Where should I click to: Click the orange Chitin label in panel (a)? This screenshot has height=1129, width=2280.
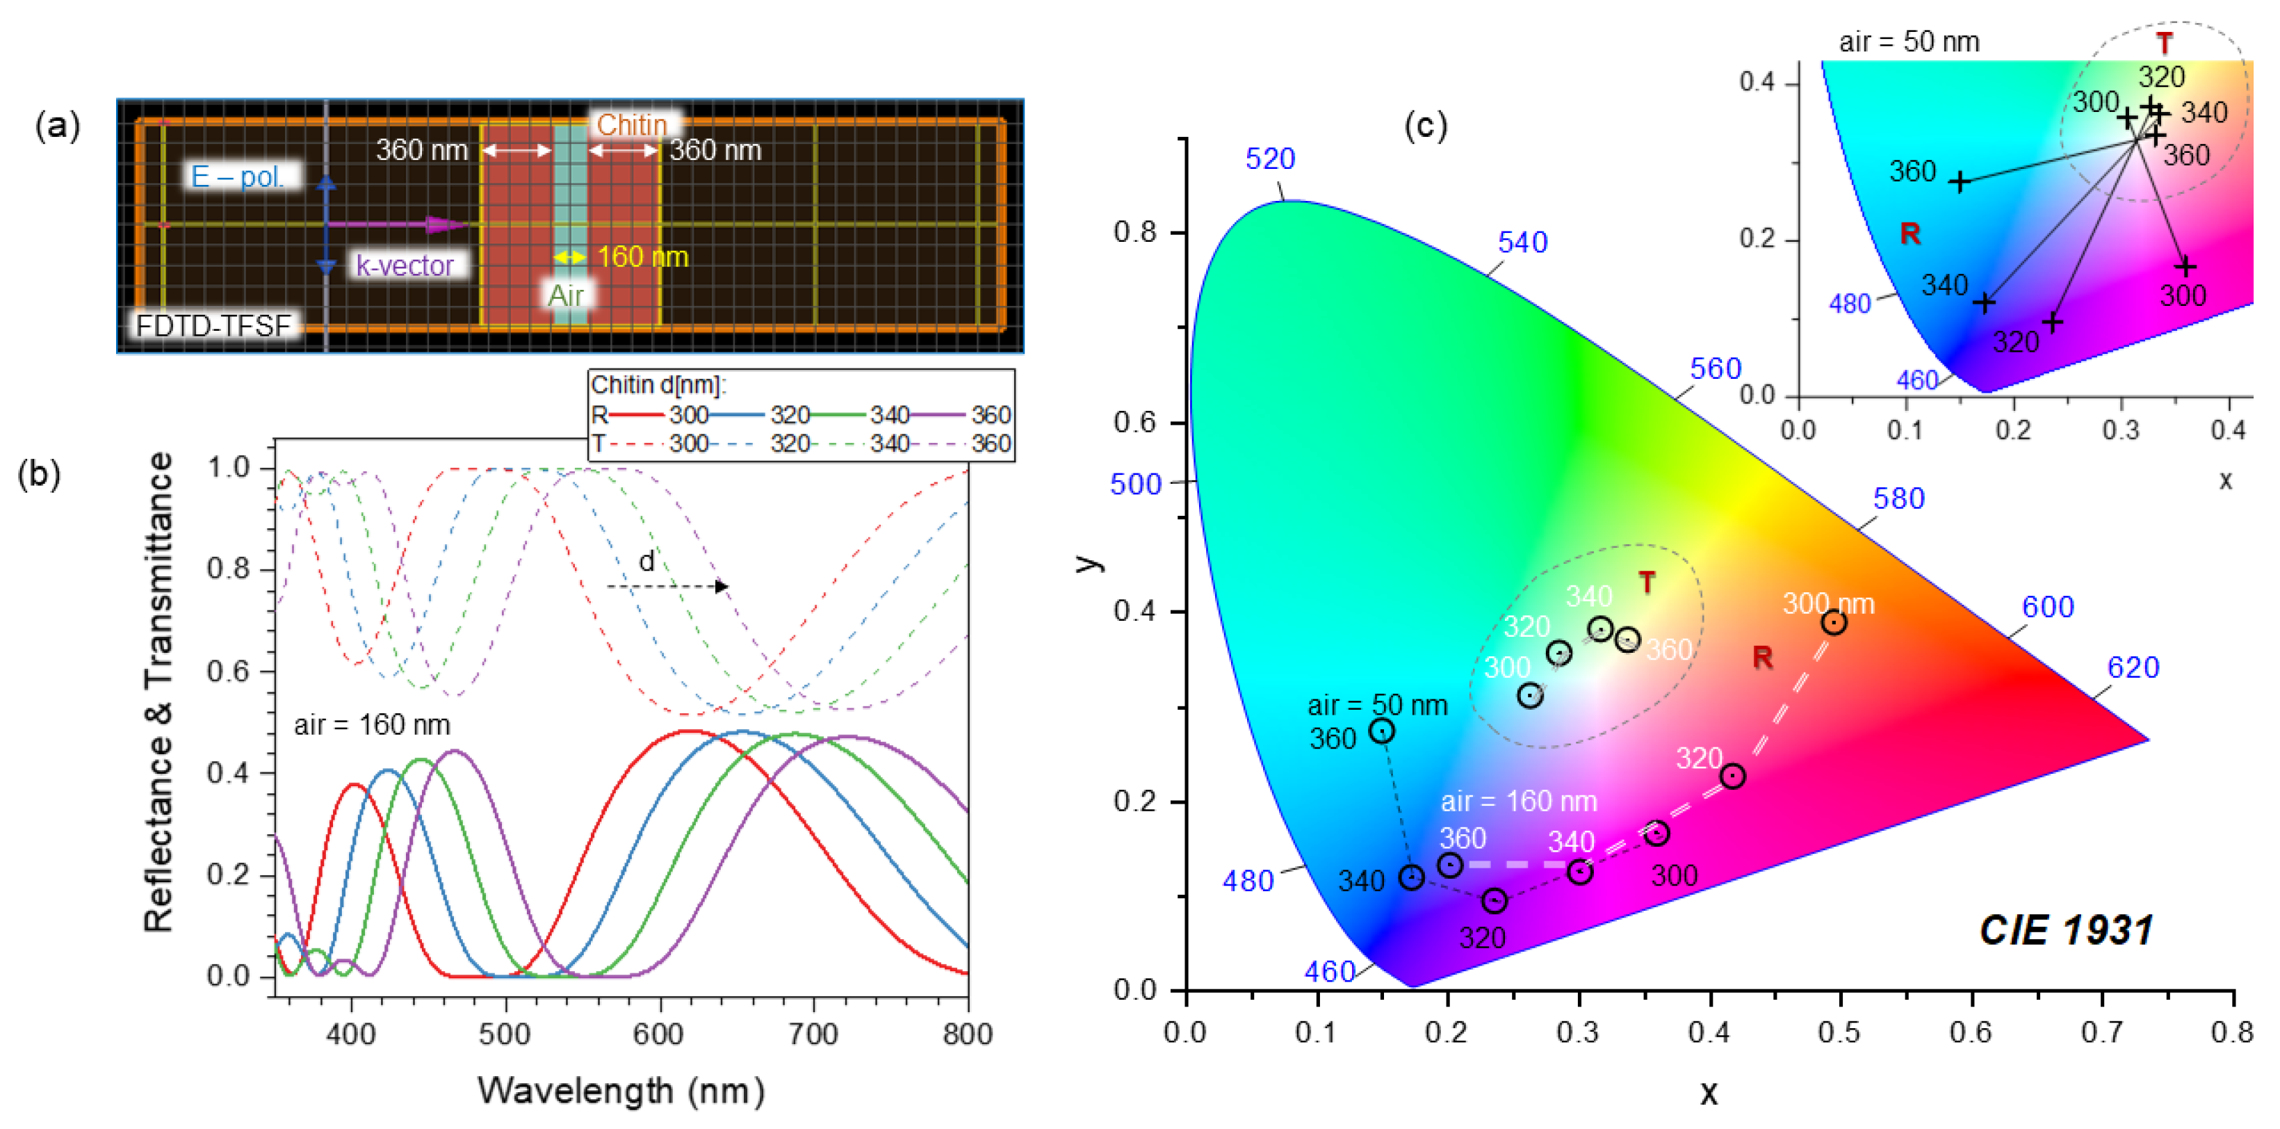(631, 125)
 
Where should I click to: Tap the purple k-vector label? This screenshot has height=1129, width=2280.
(405, 265)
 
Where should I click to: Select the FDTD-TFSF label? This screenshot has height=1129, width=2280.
(213, 326)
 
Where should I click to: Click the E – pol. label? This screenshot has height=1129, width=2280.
(237, 177)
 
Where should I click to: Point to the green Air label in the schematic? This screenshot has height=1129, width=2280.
(566, 295)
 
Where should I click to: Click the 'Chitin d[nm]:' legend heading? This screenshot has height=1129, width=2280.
(658, 384)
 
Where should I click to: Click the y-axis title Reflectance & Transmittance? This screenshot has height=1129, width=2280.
(158, 692)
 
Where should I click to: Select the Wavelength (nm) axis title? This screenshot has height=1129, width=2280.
(621, 1090)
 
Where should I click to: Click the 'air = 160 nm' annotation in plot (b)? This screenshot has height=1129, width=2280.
(372, 725)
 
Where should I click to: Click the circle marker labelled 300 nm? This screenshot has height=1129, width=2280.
(1834, 622)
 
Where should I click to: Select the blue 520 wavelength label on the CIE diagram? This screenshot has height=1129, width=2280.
(1269, 159)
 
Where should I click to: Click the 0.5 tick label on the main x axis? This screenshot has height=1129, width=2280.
(1839, 1032)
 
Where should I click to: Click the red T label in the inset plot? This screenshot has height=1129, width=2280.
(2164, 42)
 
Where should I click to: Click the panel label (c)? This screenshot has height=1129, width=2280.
(1426, 126)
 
